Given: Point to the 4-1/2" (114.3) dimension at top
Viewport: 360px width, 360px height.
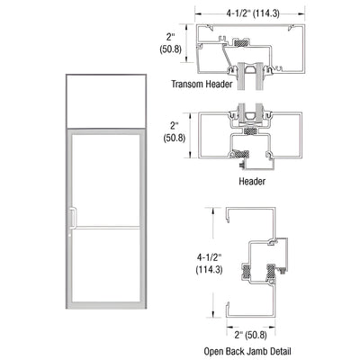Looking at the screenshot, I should (249, 12).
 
